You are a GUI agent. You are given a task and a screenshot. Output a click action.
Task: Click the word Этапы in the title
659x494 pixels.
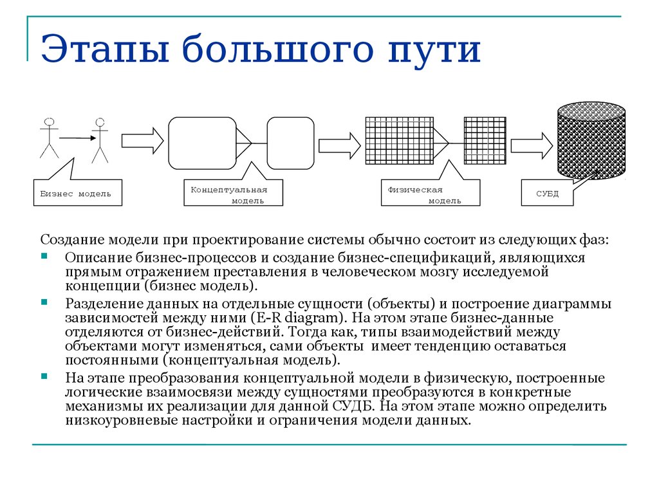click(x=105, y=48)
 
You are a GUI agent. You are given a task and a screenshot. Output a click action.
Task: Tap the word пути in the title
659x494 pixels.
click(x=434, y=51)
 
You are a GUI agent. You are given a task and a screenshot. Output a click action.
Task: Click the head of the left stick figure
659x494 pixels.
click(x=49, y=122)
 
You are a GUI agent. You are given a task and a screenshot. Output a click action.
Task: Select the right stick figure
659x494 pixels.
click(x=100, y=140)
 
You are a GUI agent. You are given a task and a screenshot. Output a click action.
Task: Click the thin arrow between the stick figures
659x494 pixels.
click(x=78, y=138)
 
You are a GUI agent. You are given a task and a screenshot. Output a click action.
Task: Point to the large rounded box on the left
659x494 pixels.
click(x=202, y=143)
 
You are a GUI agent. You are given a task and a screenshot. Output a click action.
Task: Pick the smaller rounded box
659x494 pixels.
click(x=290, y=143)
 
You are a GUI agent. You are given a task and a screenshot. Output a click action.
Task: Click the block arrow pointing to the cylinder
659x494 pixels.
click(x=532, y=146)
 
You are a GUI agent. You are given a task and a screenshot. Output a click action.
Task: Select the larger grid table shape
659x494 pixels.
click(x=399, y=141)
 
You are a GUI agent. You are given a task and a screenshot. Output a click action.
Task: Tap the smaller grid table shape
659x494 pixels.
click(x=485, y=141)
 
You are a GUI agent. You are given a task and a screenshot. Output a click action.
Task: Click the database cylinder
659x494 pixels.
click(x=591, y=140)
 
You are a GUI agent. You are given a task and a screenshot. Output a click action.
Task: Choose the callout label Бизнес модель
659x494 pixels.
click(x=78, y=193)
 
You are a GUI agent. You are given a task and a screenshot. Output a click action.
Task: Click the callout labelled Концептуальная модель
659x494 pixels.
click(x=233, y=193)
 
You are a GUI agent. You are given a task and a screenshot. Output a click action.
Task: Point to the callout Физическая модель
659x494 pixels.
click(x=431, y=193)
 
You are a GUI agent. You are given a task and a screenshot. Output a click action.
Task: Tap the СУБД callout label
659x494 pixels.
click(x=547, y=193)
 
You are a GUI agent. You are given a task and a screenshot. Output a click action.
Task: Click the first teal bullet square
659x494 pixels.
click(x=44, y=256)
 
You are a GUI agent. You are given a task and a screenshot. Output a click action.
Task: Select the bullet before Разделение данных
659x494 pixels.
click(x=44, y=302)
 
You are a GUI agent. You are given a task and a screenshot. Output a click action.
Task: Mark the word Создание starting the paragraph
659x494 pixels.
click(x=73, y=239)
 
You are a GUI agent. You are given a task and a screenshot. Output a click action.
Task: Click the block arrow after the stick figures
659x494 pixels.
click(x=142, y=141)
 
